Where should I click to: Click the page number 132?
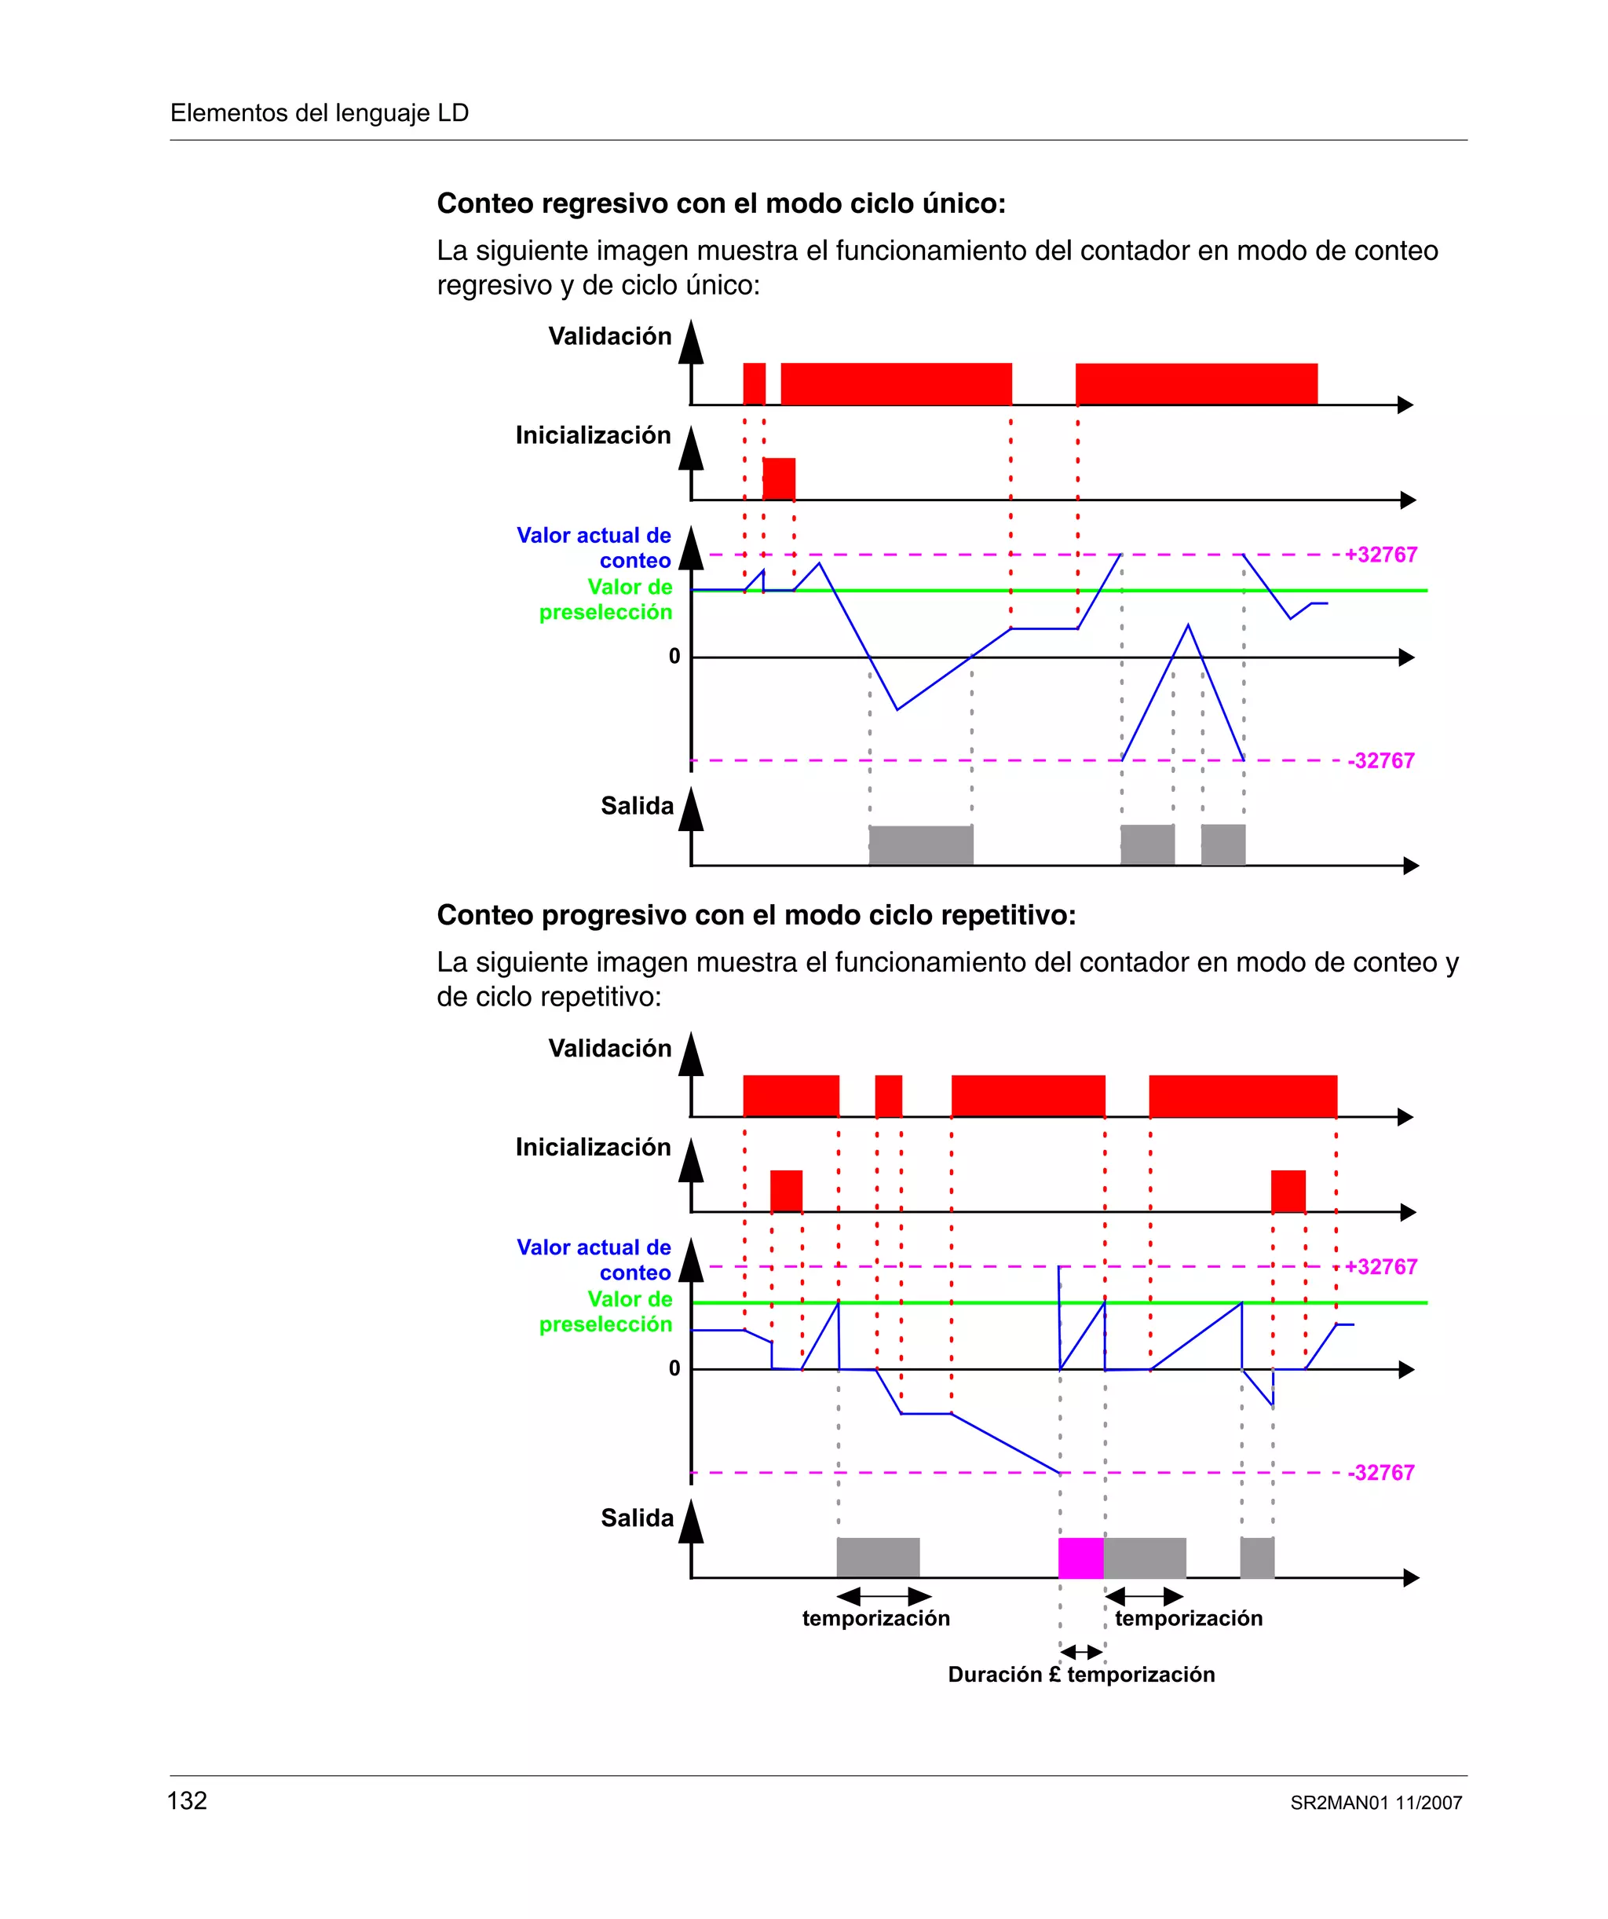pyautogui.click(x=188, y=1801)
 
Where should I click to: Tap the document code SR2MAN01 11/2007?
pyautogui.click(x=1376, y=1803)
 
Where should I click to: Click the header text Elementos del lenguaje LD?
pyautogui.click(x=319, y=112)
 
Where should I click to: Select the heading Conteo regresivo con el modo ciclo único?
pyautogui.click(x=721, y=203)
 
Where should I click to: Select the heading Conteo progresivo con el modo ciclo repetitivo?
pyautogui.click(x=755, y=914)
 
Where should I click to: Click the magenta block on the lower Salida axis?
pyautogui.click(x=1081, y=1558)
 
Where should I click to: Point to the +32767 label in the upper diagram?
pyautogui.click(x=1380, y=555)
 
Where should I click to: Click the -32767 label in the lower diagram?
pyautogui.click(x=1380, y=1472)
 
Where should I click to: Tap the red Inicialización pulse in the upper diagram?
pyautogui.click(x=778, y=479)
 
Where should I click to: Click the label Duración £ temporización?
pyautogui.click(x=1081, y=1674)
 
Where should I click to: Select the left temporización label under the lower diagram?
pyautogui.click(x=875, y=1618)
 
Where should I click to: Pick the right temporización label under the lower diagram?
pyautogui.click(x=1188, y=1618)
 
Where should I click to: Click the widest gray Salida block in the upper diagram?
pyautogui.click(x=921, y=844)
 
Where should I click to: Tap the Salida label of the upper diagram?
pyautogui.click(x=637, y=806)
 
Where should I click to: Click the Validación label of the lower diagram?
pyautogui.click(x=609, y=1048)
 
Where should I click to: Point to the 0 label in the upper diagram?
pyautogui.click(x=674, y=656)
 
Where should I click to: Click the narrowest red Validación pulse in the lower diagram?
pyautogui.click(x=888, y=1096)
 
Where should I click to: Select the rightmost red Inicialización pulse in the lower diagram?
pyautogui.click(x=1288, y=1191)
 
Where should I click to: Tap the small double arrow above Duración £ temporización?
pyautogui.click(x=1082, y=1651)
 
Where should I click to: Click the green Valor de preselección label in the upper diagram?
pyautogui.click(x=605, y=599)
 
